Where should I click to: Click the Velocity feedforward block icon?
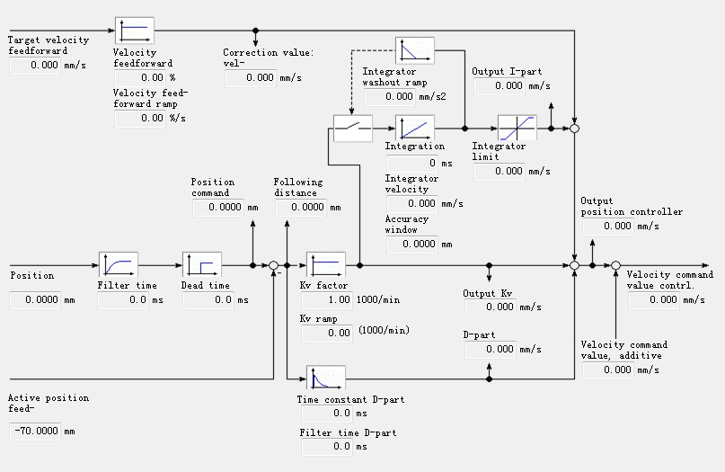point(135,31)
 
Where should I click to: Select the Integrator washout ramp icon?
point(415,50)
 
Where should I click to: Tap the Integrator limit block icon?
point(517,128)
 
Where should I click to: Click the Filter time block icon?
point(117,265)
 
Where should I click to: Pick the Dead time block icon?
point(201,265)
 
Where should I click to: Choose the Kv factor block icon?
point(326,265)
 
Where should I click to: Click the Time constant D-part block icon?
point(326,378)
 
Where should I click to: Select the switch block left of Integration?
point(352,128)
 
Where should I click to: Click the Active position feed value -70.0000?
point(36,432)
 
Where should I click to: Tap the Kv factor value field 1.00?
point(327,300)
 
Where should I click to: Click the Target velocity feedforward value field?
point(34,65)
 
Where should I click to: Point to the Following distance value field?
point(301,208)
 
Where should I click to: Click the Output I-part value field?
point(499,86)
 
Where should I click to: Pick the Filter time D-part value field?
point(327,446)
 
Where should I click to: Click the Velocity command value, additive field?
point(608,370)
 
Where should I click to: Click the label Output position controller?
point(632,207)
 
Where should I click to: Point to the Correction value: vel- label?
point(268,58)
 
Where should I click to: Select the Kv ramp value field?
point(327,334)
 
